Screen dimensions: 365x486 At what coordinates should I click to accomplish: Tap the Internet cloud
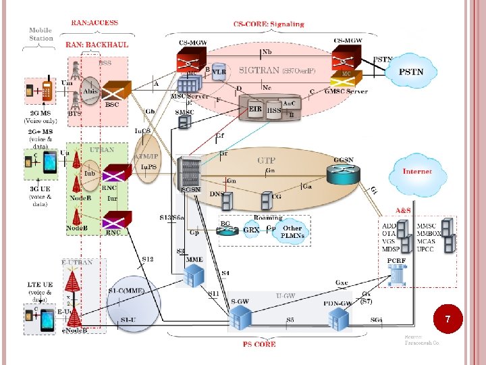coord(416,172)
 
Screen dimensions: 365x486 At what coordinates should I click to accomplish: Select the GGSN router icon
coord(342,174)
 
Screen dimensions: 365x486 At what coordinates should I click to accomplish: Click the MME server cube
coord(194,274)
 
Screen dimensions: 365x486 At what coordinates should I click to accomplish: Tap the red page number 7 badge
coord(448,318)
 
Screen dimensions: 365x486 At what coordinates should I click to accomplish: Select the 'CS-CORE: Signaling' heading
coord(269,24)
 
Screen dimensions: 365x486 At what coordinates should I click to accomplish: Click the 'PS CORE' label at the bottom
coord(259,344)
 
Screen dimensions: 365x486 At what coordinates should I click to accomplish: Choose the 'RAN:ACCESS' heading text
coord(94,22)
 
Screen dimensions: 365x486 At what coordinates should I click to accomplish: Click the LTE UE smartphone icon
coord(47,320)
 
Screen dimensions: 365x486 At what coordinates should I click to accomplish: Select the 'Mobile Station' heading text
coord(41,34)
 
